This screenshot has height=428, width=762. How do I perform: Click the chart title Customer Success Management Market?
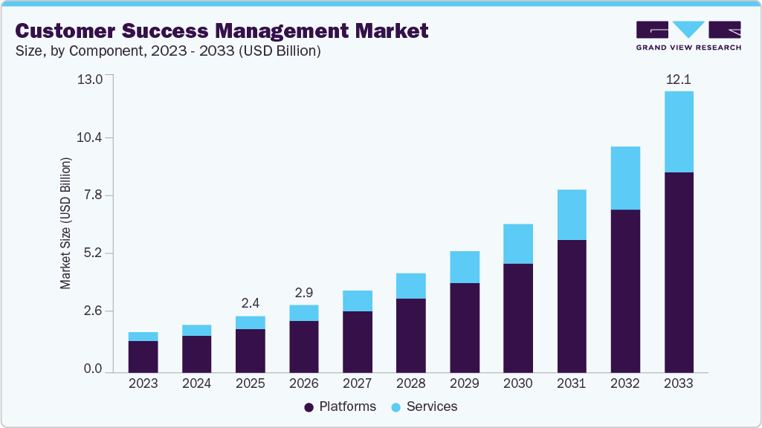pyautogui.click(x=222, y=31)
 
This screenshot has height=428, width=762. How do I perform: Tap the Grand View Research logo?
pyautogui.click(x=688, y=36)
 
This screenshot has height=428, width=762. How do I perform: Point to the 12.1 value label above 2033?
pyautogui.click(x=679, y=79)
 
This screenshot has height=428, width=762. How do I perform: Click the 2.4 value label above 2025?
pyautogui.click(x=251, y=303)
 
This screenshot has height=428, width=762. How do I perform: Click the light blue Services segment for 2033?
pyautogui.click(x=679, y=132)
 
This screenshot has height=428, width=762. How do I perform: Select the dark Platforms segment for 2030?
pyautogui.click(x=518, y=317)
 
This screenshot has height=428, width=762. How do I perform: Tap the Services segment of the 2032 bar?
pyautogui.click(x=625, y=178)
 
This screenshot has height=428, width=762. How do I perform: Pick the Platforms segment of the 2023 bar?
pyautogui.click(x=143, y=356)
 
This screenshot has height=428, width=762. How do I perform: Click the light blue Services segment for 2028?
pyautogui.click(x=411, y=285)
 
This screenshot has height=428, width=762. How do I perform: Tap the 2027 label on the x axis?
pyautogui.click(x=358, y=383)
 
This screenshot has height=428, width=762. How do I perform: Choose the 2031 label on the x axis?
pyautogui.click(x=572, y=383)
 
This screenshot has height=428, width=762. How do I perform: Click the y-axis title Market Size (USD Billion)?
pyautogui.click(x=65, y=223)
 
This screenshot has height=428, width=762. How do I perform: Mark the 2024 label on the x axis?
pyautogui.click(x=197, y=383)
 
